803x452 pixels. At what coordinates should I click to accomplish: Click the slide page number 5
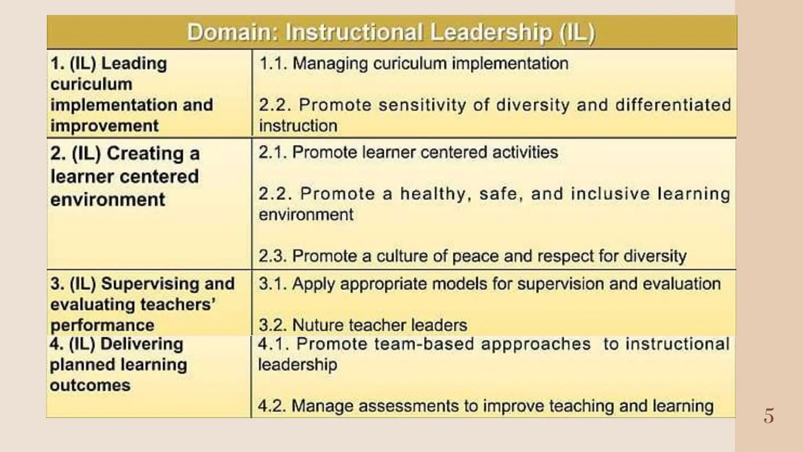click(x=768, y=416)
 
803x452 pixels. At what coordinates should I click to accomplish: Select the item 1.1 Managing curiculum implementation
click(x=414, y=64)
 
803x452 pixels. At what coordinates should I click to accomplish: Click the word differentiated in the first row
click(x=673, y=105)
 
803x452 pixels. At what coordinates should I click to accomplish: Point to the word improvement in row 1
click(x=104, y=126)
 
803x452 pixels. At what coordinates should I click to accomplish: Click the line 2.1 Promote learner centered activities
click(x=408, y=152)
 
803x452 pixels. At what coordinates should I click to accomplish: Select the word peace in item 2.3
click(x=476, y=256)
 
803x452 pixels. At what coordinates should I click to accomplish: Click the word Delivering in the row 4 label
click(x=142, y=344)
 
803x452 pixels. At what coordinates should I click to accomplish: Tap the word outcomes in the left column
click(x=90, y=385)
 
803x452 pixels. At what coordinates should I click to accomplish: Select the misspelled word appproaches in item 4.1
click(x=536, y=344)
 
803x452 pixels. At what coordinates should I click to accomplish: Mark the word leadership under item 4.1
click(x=297, y=365)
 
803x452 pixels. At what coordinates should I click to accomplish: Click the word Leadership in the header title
click(x=491, y=33)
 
